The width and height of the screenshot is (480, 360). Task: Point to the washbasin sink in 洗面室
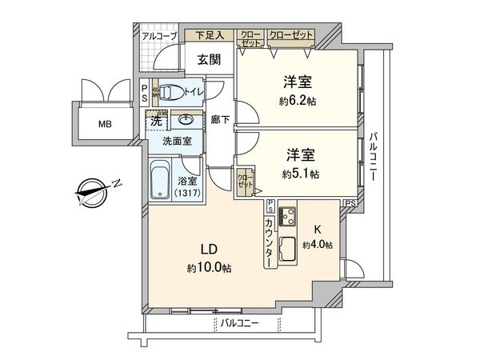click(x=185, y=121)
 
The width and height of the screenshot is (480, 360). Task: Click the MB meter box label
click(x=106, y=124)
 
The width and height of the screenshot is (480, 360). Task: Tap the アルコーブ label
click(x=159, y=36)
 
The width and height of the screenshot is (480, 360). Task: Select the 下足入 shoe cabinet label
click(x=210, y=35)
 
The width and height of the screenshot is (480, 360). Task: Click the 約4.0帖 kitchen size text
click(x=318, y=245)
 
